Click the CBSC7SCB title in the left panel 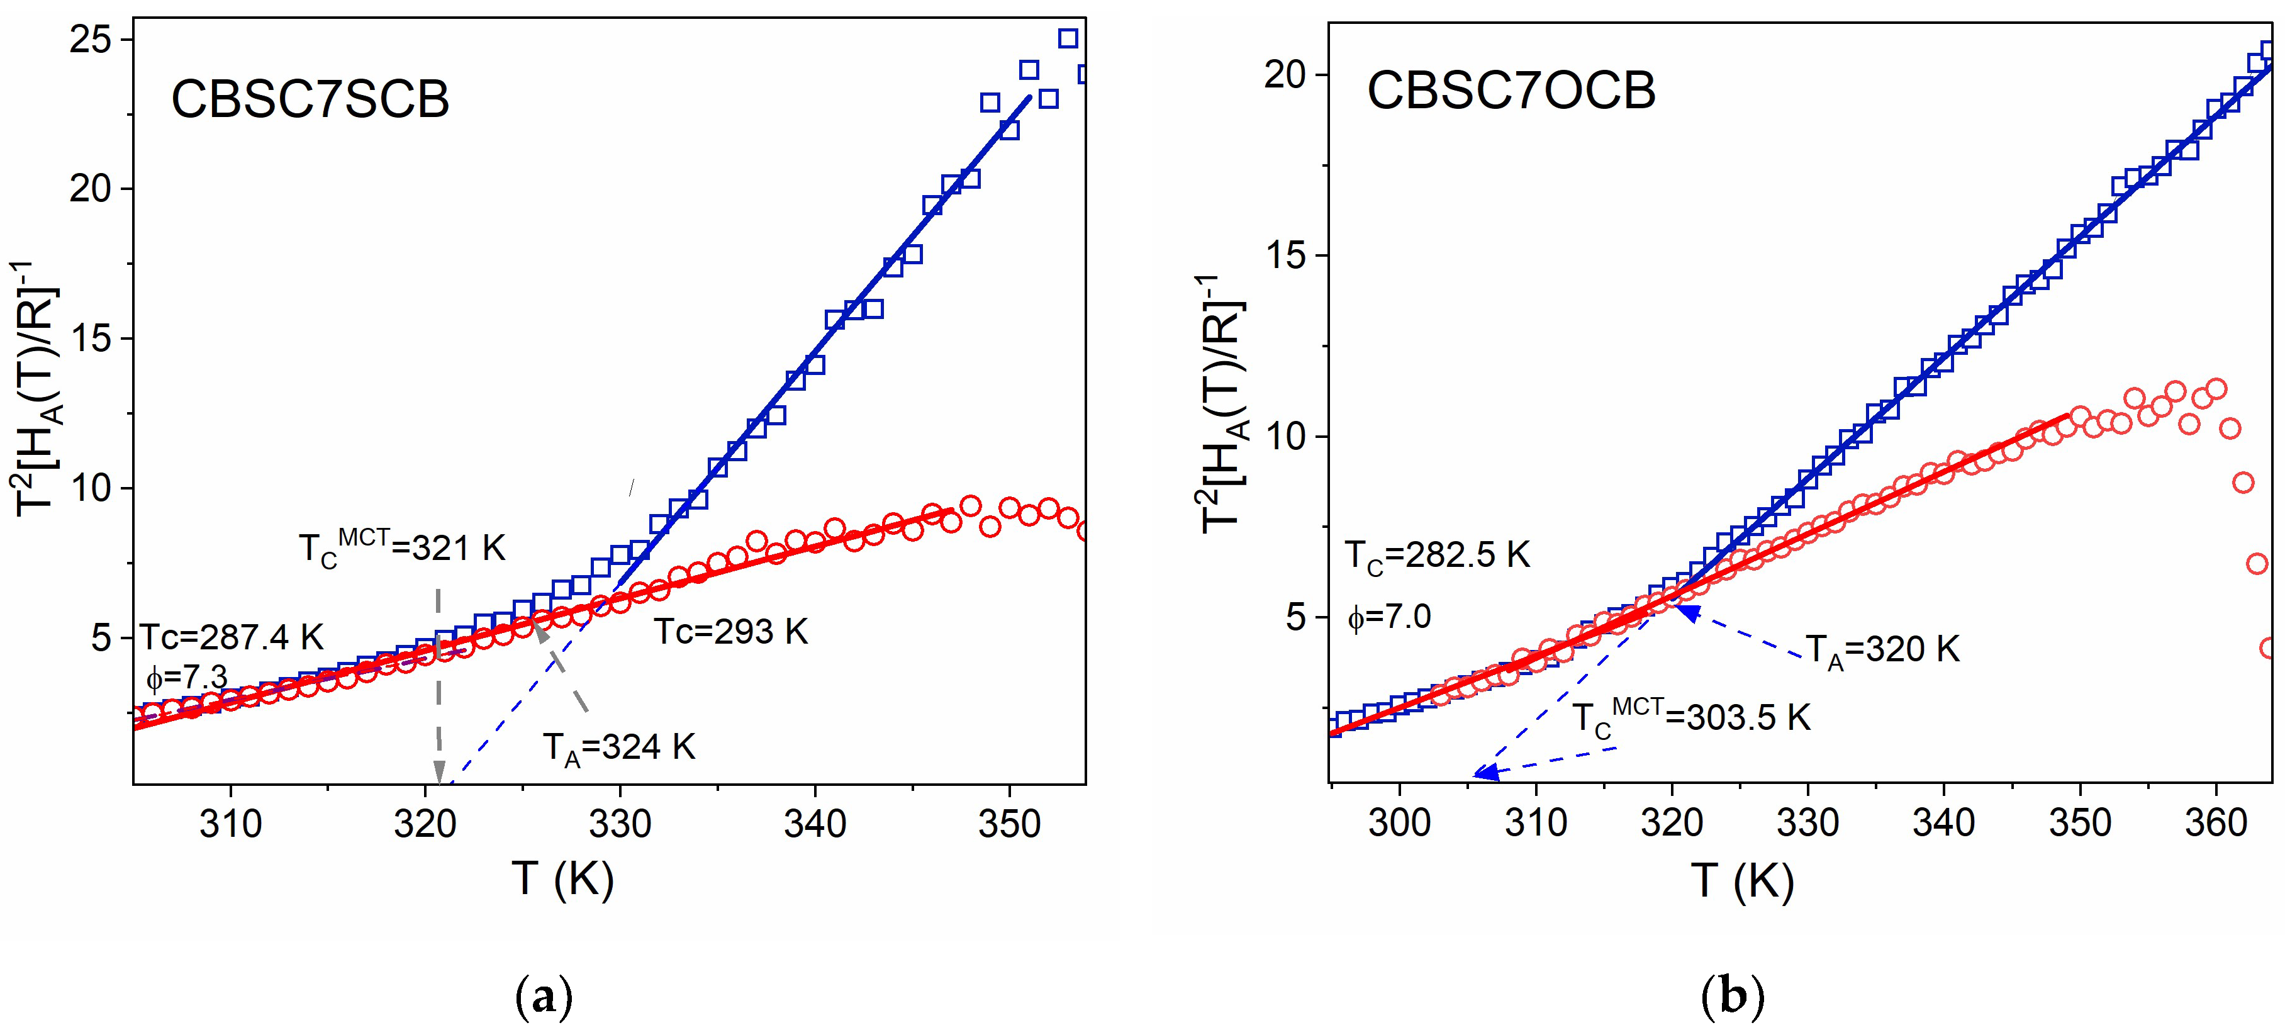tap(310, 99)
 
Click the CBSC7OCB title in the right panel tap(1511, 91)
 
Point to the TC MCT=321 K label tap(402, 547)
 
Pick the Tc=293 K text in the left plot tap(731, 632)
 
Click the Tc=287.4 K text tap(232, 637)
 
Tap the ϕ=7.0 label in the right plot tap(1389, 616)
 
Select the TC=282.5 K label tap(1437, 556)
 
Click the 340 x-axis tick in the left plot tap(814, 825)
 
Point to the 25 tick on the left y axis tap(91, 40)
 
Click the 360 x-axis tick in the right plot tap(2216, 823)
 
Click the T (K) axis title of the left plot tap(563, 880)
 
